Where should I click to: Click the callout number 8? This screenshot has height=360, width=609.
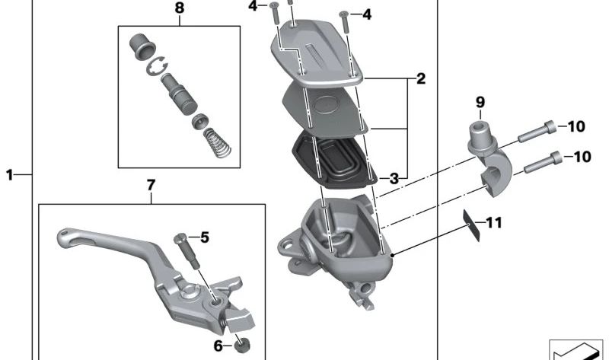(x=180, y=8)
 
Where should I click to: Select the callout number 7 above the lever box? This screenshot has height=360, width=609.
(x=151, y=185)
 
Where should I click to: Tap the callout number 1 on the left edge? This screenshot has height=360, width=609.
(x=10, y=175)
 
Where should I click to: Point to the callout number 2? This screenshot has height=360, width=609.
(x=421, y=79)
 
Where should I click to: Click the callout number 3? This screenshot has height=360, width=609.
(x=394, y=179)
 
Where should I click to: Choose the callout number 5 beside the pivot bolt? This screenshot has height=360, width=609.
(x=205, y=237)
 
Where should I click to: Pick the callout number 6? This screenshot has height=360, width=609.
(x=218, y=346)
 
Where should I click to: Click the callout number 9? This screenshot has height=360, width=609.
(x=480, y=103)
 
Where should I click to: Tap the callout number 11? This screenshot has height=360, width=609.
(x=494, y=223)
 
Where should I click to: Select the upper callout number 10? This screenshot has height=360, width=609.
(x=577, y=126)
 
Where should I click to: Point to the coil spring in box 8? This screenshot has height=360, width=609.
(x=217, y=142)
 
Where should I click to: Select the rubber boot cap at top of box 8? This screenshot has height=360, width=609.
(x=142, y=46)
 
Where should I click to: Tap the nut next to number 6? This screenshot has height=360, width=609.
(x=243, y=345)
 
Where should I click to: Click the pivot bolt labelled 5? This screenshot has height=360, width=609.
(x=187, y=250)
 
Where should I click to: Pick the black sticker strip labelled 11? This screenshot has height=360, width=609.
(x=471, y=225)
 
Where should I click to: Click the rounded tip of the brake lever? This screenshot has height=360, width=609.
(x=63, y=235)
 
